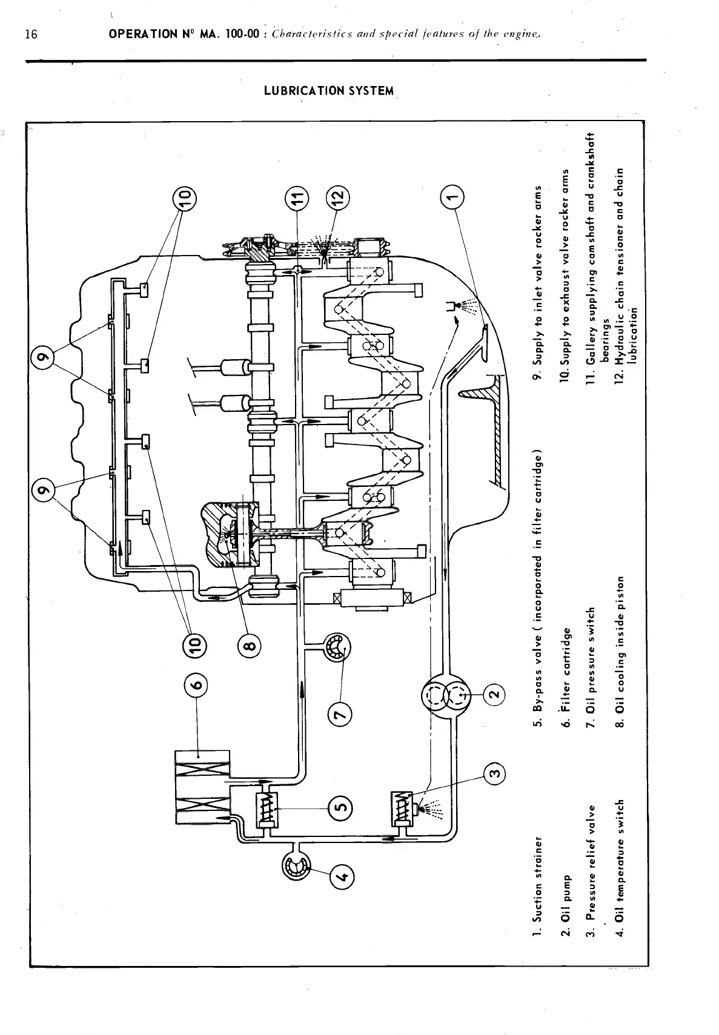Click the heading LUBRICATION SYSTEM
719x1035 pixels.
click(329, 91)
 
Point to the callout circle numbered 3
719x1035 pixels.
click(495, 774)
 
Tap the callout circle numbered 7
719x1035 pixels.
click(340, 717)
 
